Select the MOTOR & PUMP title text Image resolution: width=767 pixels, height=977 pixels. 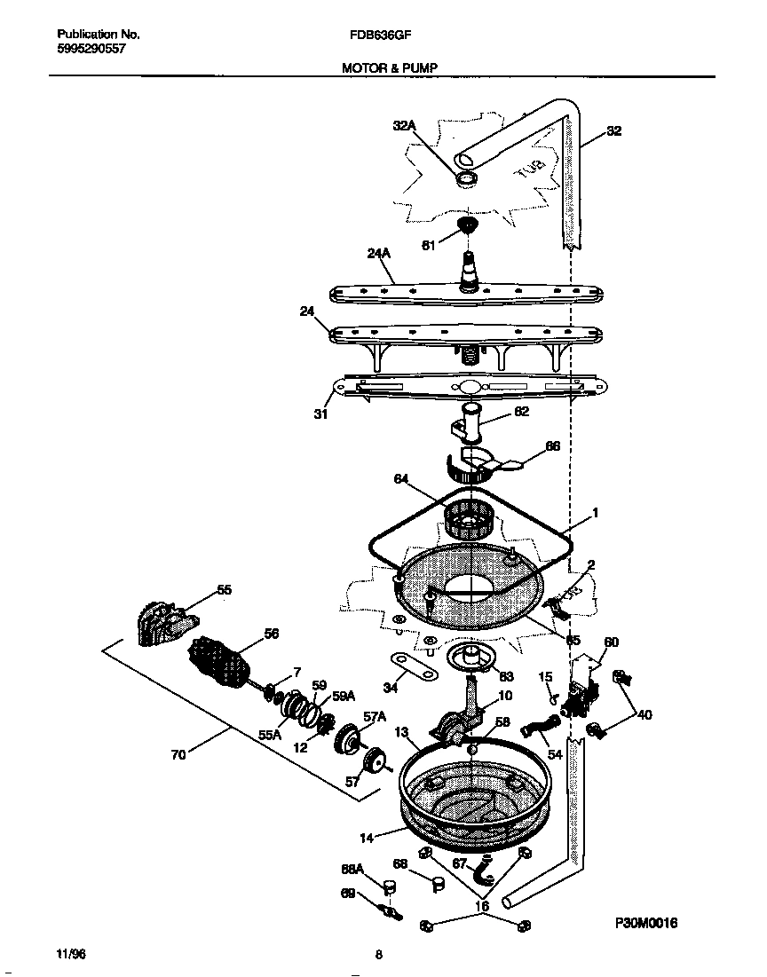click(390, 67)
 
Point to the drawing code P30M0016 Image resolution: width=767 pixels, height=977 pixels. click(646, 923)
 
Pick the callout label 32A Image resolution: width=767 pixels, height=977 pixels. click(404, 127)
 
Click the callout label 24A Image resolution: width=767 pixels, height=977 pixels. click(379, 254)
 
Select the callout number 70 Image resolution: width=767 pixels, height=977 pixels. click(178, 756)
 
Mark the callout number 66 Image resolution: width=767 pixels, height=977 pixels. click(551, 447)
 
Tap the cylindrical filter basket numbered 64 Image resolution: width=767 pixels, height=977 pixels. click(463, 516)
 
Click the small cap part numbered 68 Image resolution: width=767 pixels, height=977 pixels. click(435, 884)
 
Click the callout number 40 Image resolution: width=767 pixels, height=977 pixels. click(644, 714)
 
